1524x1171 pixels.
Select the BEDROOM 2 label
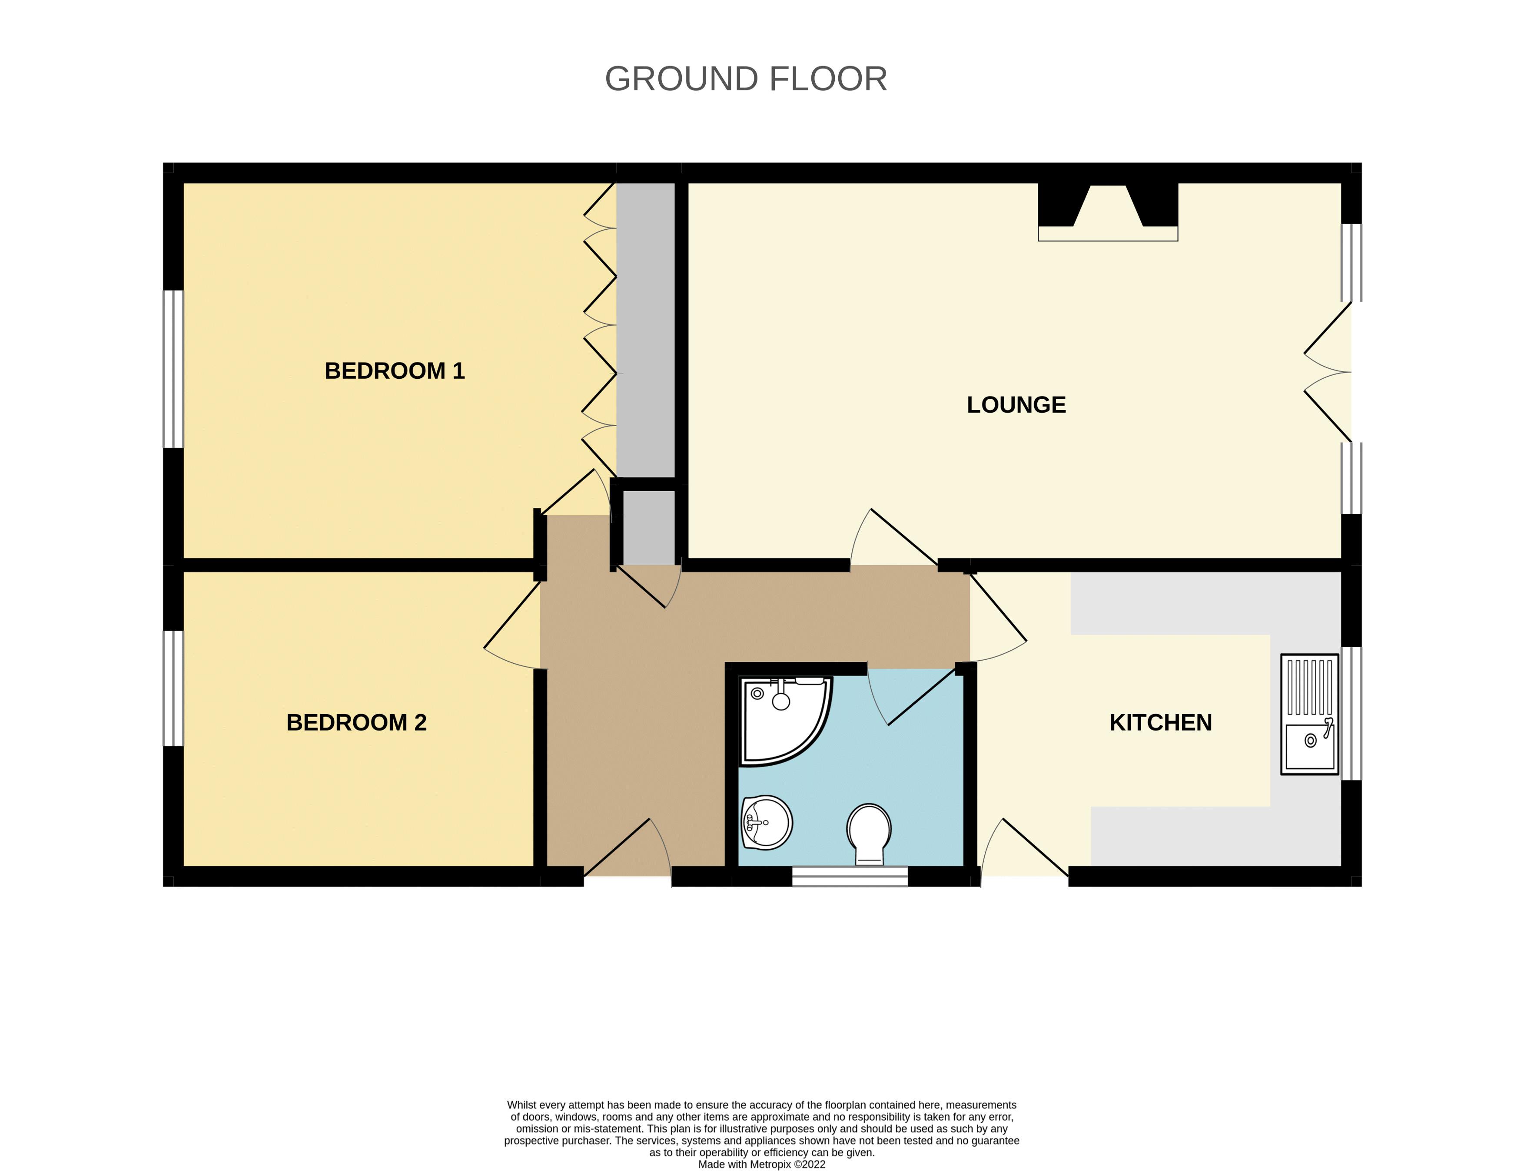pyautogui.click(x=356, y=722)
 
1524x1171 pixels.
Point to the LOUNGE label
pyautogui.click(x=1016, y=405)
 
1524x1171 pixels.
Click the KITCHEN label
pyautogui.click(x=1160, y=722)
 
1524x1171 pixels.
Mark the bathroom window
pyautogui.click(x=850, y=876)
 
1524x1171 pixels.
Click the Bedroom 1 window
pyautogui.click(x=173, y=369)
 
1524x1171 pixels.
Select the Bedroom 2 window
pyautogui.click(x=173, y=688)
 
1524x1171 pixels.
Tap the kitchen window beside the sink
pyautogui.click(x=1351, y=713)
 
